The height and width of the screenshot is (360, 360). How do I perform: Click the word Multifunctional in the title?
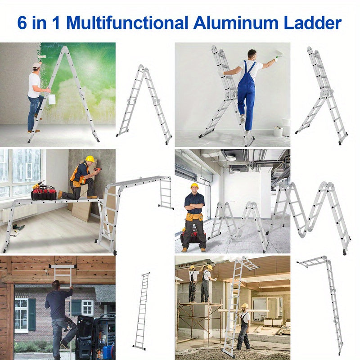point(127,23)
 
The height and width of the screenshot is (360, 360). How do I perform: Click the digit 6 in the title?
point(22,23)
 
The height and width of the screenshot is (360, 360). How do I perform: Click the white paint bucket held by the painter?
point(52,99)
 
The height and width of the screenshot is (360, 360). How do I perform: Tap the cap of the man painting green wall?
point(37,65)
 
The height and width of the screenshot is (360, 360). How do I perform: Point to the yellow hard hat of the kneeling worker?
point(90,159)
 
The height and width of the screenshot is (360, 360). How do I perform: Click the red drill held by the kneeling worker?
point(98,170)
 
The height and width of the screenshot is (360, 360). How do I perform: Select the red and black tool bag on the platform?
point(44,193)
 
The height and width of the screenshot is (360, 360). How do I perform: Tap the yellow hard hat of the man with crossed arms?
point(194,185)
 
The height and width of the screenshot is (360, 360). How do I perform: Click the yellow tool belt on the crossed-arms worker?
point(194,217)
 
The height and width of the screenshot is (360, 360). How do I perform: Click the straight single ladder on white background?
point(141,311)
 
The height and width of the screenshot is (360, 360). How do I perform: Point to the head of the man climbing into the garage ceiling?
point(56,285)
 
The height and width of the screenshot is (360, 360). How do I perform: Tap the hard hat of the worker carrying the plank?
point(245,306)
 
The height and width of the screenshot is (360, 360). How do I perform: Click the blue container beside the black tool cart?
point(108,352)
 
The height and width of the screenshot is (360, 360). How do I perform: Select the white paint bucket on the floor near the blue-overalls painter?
point(278,132)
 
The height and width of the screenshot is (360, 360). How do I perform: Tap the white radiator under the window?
point(19,212)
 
